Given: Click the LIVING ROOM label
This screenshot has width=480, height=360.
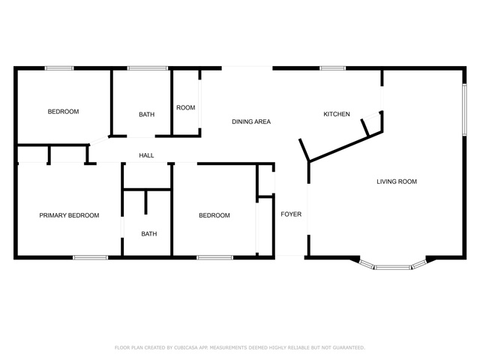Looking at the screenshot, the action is [x=397, y=181].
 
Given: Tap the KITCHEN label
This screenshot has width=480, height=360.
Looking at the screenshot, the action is [x=337, y=114].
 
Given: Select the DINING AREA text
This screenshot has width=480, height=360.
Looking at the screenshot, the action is [x=251, y=121].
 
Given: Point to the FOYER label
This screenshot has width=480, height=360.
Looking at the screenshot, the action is [x=291, y=214].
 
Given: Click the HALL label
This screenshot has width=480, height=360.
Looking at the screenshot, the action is [x=146, y=155].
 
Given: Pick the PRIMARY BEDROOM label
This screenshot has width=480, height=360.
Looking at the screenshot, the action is [x=69, y=215].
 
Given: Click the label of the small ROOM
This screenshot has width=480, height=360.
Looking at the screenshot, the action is [x=185, y=108].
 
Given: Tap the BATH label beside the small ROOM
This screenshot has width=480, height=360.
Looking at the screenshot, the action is [x=147, y=115].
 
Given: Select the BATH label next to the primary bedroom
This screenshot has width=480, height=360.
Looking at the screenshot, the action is [x=149, y=234].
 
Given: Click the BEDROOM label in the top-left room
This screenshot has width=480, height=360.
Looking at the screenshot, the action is [x=63, y=112].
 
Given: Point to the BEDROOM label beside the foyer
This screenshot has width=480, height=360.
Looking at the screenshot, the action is [x=214, y=215].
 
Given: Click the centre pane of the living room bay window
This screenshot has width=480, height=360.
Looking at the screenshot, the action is [x=393, y=268].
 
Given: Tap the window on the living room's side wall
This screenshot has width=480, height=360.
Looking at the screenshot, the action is [x=464, y=109].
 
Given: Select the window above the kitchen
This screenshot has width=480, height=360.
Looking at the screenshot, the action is [x=333, y=68].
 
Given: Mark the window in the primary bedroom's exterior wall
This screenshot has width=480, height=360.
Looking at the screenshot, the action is [x=90, y=258].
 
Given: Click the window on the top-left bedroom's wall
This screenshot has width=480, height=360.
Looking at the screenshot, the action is [x=59, y=68].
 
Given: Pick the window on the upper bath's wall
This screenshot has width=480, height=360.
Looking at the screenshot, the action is [x=148, y=68].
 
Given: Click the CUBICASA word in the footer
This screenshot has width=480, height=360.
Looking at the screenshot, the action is [x=186, y=348].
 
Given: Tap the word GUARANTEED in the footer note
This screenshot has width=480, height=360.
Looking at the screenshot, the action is [x=349, y=348].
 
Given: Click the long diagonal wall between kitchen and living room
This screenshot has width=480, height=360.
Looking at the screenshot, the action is [x=346, y=146].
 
